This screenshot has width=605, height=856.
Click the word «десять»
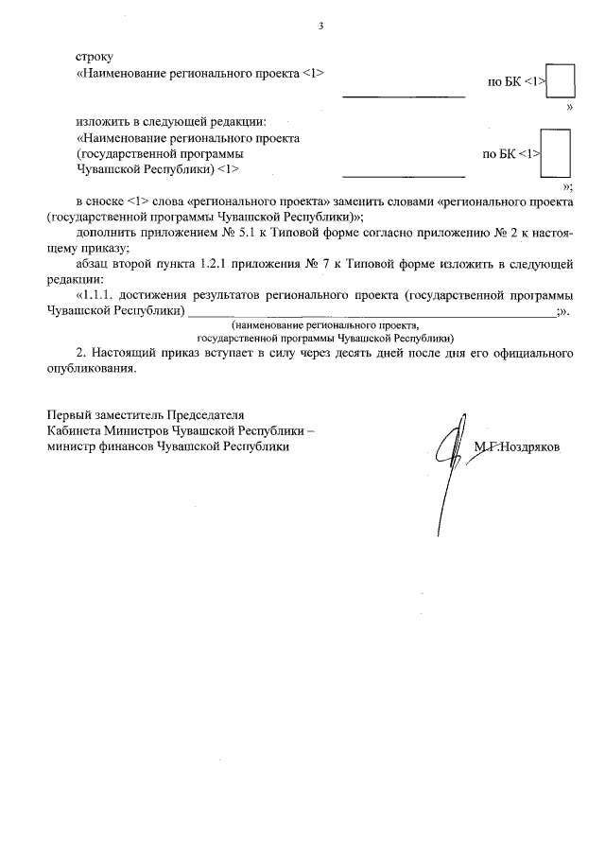376,355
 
